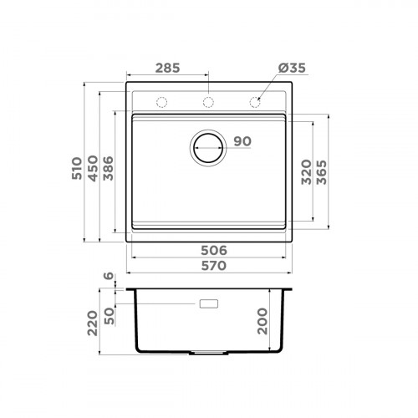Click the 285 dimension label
pyautogui.click(x=167, y=68)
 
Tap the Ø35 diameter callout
pyautogui.click(x=292, y=68)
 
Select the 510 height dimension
pyautogui.click(x=77, y=168)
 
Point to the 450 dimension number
pyautogui.click(x=93, y=168)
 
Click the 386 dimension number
pyautogui.click(x=109, y=168)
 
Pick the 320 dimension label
pyautogui.click(x=307, y=172)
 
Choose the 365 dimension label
pyautogui.click(x=322, y=172)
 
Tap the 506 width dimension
pyautogui.click(x=214, y=251)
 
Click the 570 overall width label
pyautogui.click(x=214, y=266)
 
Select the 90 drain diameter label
pyautogui.click(x=242, y=141)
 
